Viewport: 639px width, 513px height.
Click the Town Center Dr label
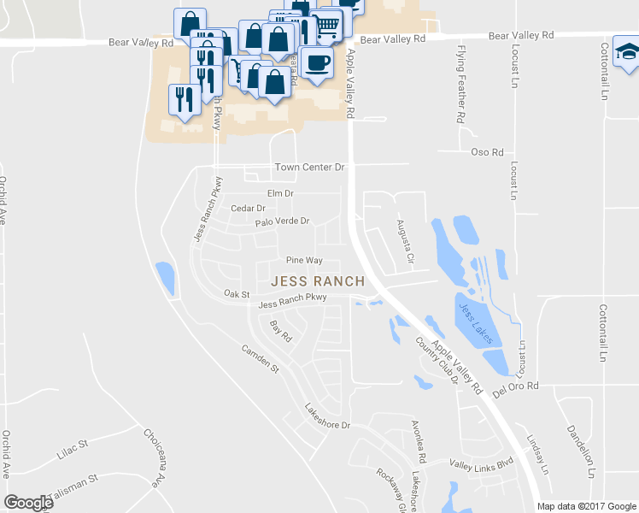click(308, 168)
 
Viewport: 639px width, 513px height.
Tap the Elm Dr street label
click(280, 194)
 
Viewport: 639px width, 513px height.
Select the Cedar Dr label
click(249, 208)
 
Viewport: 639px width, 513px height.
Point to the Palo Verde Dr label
click(282, 222)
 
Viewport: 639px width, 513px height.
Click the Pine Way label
click(304, 260)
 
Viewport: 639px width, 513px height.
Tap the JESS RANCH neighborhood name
click(318, 280)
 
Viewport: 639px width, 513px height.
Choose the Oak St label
click(236, 293)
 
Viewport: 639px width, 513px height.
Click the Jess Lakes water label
click(476, 323)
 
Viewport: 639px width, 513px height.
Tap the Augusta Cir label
click(404, 241)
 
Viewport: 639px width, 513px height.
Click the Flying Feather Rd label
click(461, 85)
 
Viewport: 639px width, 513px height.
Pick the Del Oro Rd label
click(518, 386)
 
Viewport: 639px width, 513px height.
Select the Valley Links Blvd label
click(481, 463)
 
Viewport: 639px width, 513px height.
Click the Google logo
click(28, 503)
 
